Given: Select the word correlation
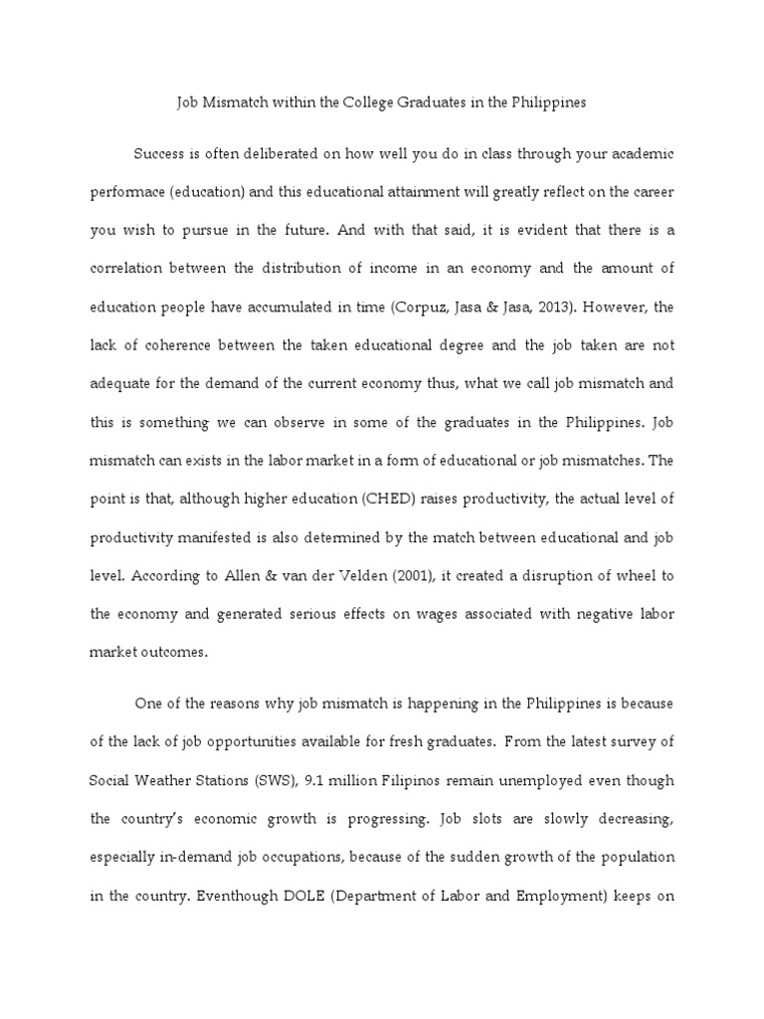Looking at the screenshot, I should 128,270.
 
